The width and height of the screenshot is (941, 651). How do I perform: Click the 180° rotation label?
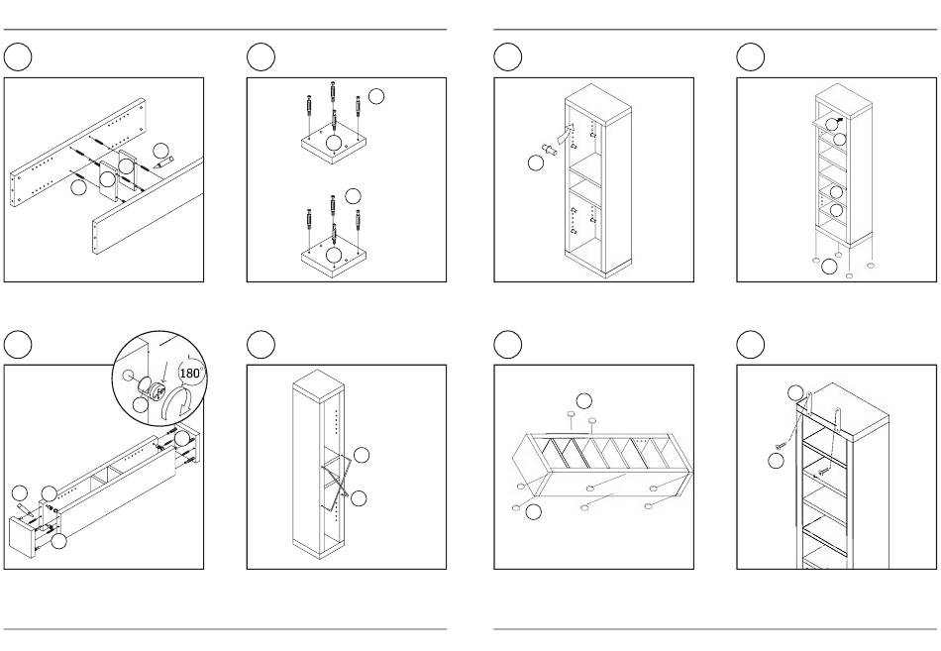191,373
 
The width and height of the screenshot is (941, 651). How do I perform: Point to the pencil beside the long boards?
163,162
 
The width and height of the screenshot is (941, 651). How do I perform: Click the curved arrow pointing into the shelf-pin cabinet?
566,134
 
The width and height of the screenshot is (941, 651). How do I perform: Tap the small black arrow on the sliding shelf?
838,121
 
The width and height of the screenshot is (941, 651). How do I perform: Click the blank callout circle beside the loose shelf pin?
535,163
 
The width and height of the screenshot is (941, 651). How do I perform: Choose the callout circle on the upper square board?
333,143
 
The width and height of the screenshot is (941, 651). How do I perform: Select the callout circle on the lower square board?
333,255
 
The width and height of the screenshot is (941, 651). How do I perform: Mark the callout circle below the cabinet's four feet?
829,267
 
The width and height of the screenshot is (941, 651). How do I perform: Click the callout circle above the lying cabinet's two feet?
584,400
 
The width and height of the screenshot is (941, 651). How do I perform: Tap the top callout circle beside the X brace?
362,455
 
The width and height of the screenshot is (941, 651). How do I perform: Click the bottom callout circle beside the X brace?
359,497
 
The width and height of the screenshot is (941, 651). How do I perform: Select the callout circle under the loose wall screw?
776,461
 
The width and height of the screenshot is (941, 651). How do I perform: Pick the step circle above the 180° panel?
18,344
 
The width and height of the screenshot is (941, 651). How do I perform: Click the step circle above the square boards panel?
261,57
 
